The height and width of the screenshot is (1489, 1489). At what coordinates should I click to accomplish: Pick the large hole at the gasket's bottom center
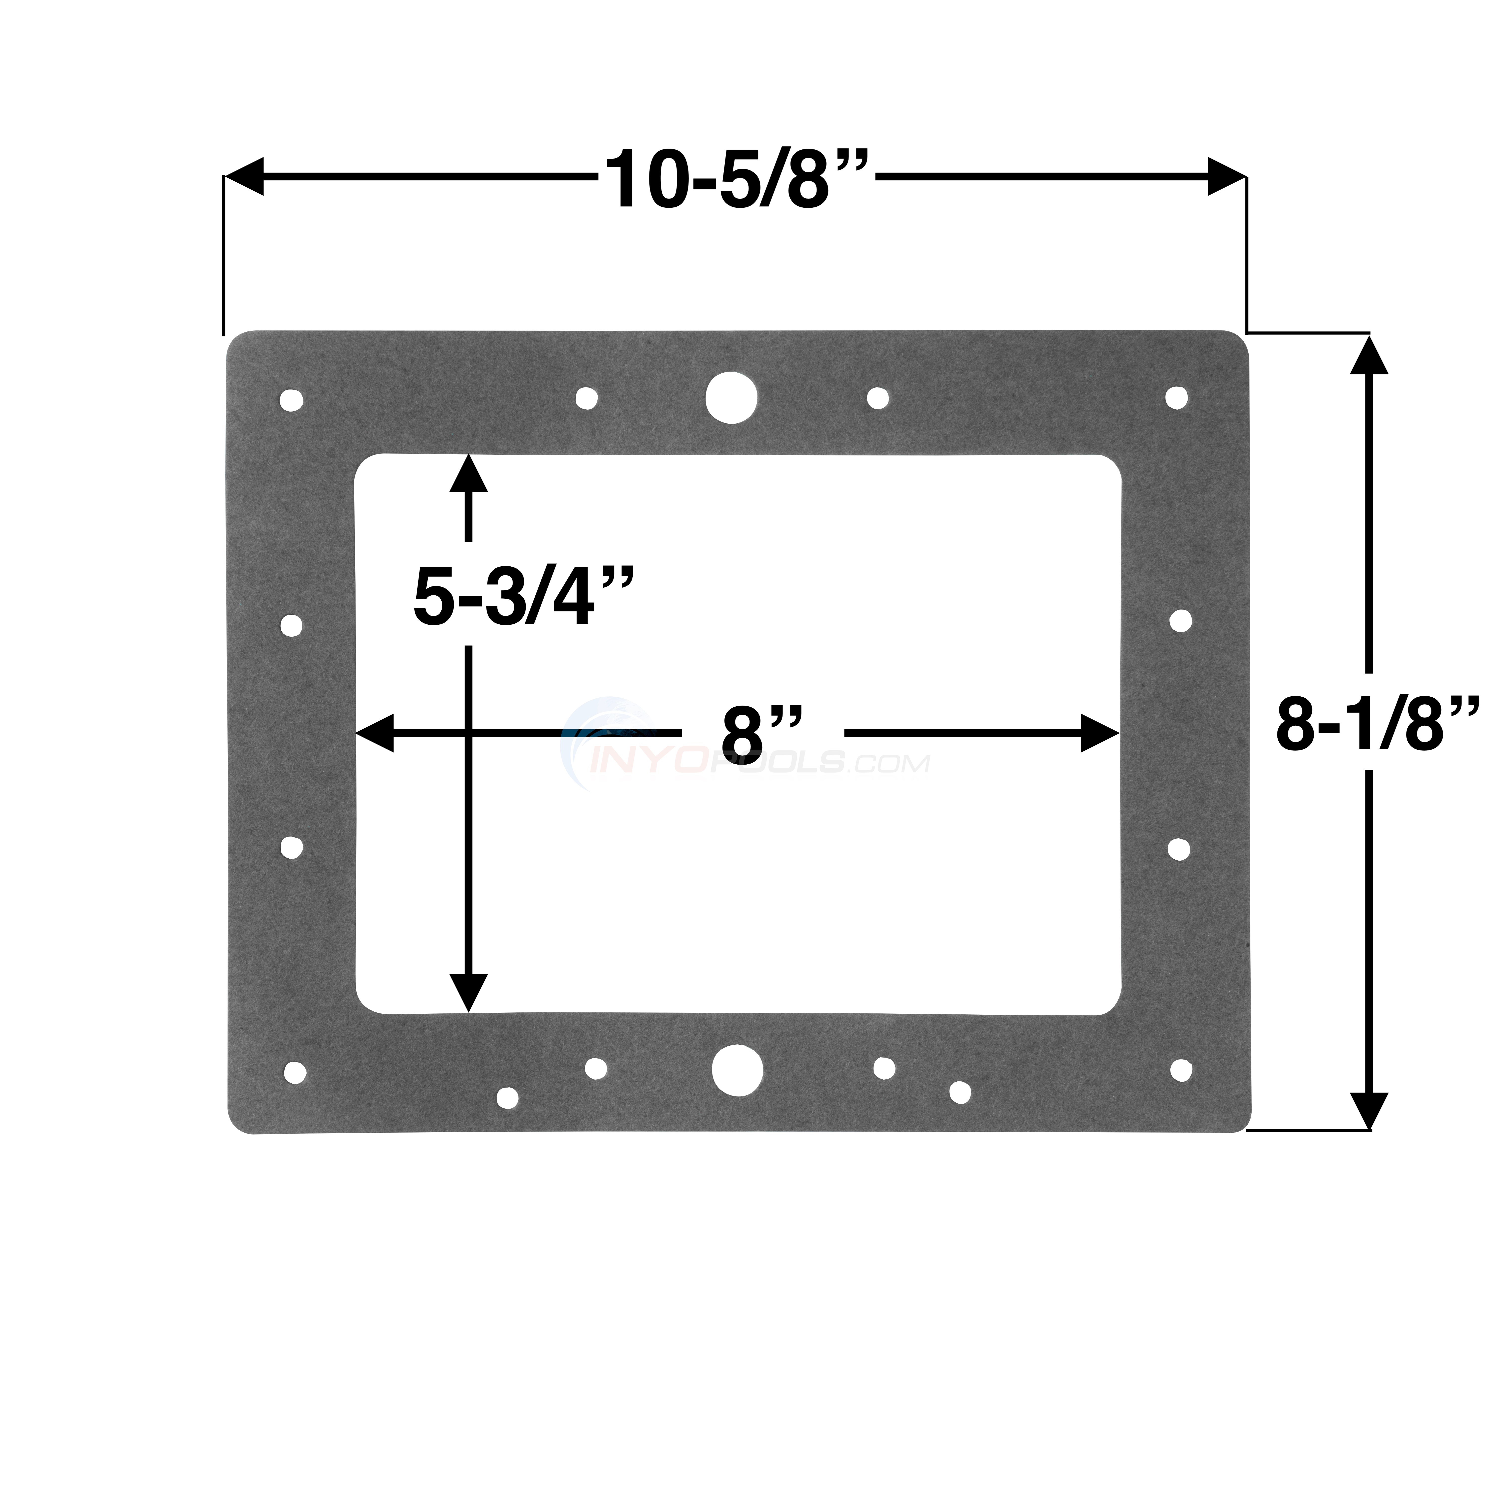pyautogui.click(x=738, y=1070)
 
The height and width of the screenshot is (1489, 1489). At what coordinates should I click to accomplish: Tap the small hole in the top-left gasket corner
pyautogui.click(x=291, y=401)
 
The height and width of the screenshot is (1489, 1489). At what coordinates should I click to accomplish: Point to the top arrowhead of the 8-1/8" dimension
pyautogui.click(x=1369, y=356)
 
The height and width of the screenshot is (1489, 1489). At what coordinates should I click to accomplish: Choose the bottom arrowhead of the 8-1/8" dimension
pyautogui.click(x=1369, y=1110)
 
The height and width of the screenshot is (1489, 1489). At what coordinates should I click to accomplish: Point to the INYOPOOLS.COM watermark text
pyautogui.click(x=759, y=763)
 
